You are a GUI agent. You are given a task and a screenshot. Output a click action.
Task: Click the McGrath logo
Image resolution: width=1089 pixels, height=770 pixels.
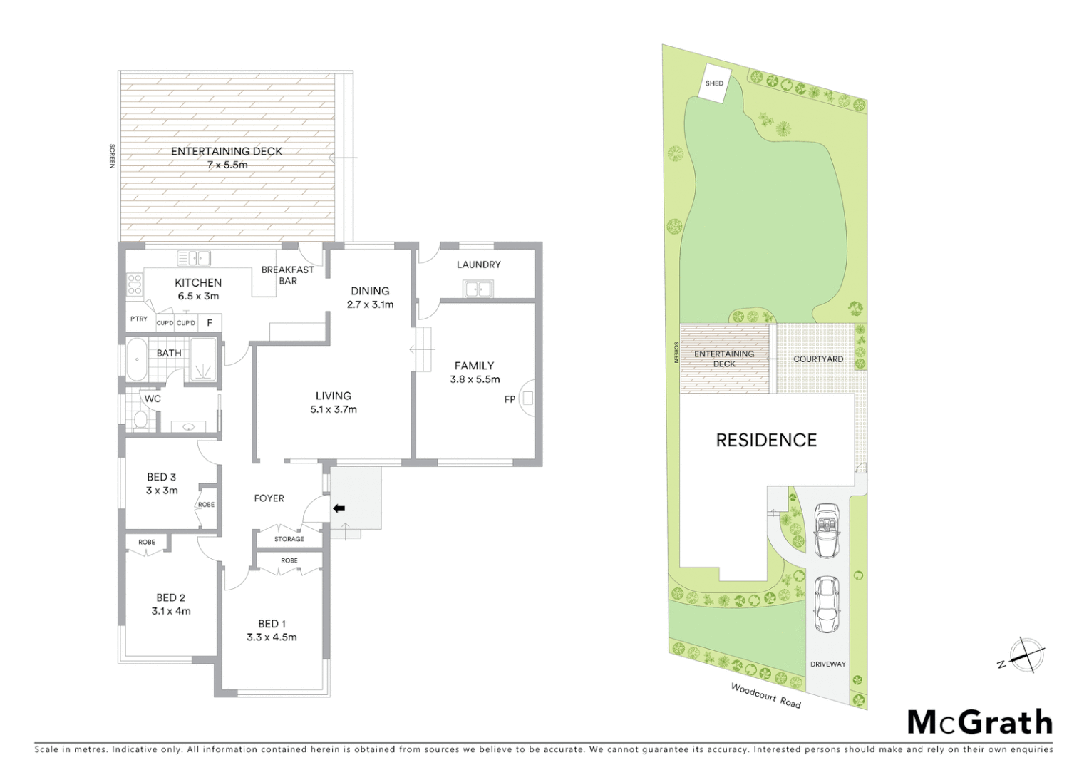pos(979,722)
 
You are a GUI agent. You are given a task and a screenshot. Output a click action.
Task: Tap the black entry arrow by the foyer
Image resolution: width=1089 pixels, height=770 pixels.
pos(339,508)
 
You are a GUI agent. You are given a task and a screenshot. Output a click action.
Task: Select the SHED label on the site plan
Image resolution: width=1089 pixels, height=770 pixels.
pos(714,83)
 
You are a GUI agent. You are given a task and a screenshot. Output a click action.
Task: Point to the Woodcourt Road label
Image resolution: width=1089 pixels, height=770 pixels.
pos(765,696)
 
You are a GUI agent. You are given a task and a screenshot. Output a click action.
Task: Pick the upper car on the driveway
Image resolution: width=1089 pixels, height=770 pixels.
pos(827,530)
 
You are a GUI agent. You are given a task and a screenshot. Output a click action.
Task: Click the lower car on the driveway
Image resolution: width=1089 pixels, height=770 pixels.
pos(826,604)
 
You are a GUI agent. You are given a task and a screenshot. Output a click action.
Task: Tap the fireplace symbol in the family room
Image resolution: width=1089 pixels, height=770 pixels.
pos(527,399)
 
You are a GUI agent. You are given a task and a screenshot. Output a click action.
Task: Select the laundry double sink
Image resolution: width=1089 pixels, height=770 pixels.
pos(477,289)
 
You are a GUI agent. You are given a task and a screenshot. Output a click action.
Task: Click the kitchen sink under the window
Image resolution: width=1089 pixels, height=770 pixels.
pos(193,257)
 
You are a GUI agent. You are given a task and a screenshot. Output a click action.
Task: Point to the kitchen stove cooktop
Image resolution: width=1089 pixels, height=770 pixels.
pos(134,284)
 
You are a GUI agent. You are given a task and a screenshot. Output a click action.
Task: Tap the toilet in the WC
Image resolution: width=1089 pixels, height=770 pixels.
pos(140,419)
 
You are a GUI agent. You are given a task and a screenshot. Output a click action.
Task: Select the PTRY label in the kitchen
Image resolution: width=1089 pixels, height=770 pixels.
pos(139,319)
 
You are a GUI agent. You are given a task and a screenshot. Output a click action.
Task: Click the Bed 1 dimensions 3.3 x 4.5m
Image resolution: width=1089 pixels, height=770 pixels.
pos(272,637)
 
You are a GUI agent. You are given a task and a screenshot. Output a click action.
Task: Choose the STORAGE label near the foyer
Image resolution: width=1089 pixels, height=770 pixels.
pos(289,539)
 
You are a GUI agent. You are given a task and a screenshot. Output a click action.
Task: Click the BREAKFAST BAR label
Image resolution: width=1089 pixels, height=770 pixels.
pos(287,275)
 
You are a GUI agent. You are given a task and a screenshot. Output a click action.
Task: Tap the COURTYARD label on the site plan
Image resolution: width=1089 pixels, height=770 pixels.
pos(818,359)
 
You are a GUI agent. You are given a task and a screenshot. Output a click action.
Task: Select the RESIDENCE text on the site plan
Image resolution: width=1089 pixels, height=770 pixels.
pos(766,441)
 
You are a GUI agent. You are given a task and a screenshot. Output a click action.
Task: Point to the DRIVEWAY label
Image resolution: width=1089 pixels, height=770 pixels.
pos(827,664)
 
